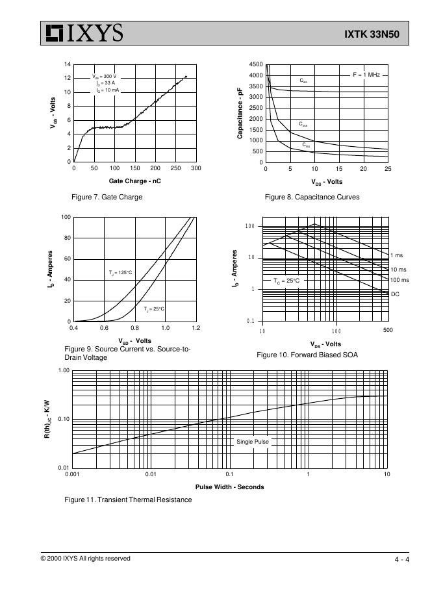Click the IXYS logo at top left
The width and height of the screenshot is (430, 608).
point(82,33)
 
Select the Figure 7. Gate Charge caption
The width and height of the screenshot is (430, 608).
point(107,197)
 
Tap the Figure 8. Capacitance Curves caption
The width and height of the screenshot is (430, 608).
point(312,197)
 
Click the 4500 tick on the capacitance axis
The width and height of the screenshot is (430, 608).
point(256,65)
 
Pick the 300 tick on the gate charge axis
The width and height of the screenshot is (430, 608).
point(196,168)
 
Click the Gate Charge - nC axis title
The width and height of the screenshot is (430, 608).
point(134,181)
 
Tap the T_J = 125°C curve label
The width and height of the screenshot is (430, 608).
point(120,272)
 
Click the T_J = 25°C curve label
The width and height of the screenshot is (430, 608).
point(154,309)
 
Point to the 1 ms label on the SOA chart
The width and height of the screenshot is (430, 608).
point(396,255)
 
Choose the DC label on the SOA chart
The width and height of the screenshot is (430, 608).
point(395,294)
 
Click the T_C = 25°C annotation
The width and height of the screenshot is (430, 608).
point(286,281)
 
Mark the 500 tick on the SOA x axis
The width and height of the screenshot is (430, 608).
point(388,331)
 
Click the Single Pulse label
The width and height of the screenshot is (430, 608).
point(252,442)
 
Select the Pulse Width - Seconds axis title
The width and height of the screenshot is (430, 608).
point(229,487)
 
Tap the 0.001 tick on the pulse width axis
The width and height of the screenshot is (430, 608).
point(72,475)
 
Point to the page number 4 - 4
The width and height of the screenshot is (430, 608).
point(401,560)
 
